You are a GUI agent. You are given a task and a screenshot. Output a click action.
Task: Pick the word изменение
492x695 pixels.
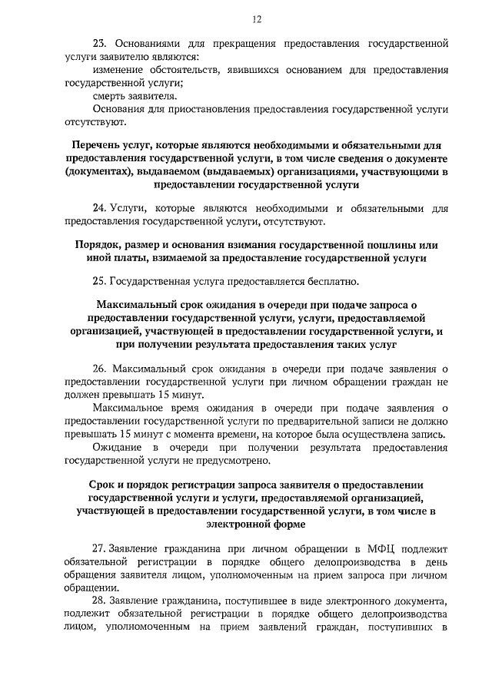[x=119, y=70]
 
